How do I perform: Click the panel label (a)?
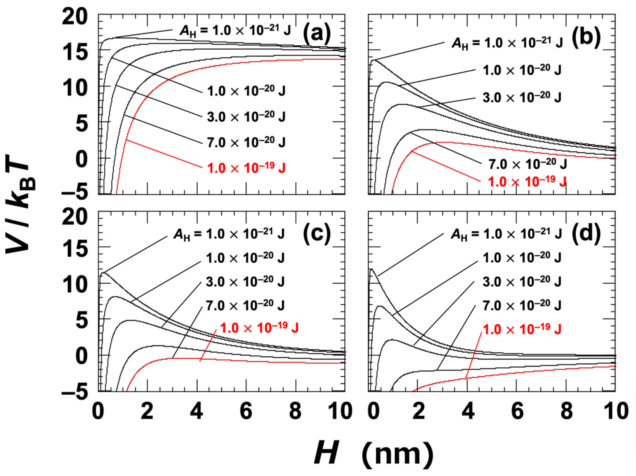coord(317,34)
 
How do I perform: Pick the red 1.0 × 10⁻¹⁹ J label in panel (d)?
coord(522,329)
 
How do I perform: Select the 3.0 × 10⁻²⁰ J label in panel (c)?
coord(245,282)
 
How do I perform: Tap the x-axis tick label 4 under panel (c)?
coord(197,411)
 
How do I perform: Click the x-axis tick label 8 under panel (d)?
coord(566,411)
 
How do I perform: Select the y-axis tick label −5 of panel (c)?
coord(74,392)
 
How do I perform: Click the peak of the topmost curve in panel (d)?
coord(372,269)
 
